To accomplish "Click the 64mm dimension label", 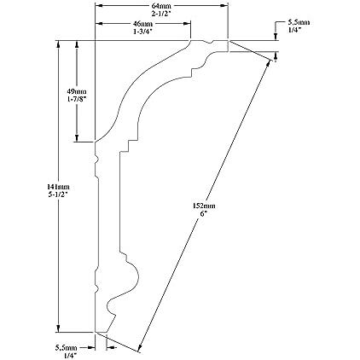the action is coord(161,6).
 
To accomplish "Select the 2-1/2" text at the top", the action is coord(161,13).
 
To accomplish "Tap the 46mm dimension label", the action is coord(142,24).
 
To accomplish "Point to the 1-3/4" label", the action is coord(142,32).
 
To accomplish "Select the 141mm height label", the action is coord(59,187).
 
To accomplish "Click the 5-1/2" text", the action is coord(59,195).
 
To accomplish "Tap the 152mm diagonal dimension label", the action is coord(204,206).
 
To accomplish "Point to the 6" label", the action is coord(202,213).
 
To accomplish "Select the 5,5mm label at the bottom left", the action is coord(66,347).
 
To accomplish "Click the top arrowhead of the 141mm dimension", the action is coord(58,44).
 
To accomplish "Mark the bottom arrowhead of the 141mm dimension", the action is coord(58,328).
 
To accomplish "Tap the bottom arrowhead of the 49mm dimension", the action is coord(77,138).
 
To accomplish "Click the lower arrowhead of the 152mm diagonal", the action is coord(139,347).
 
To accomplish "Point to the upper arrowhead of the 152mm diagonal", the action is coord(268,63).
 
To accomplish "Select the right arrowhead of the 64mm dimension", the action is coord(224,5).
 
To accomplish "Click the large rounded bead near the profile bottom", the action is coord(134,275).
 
